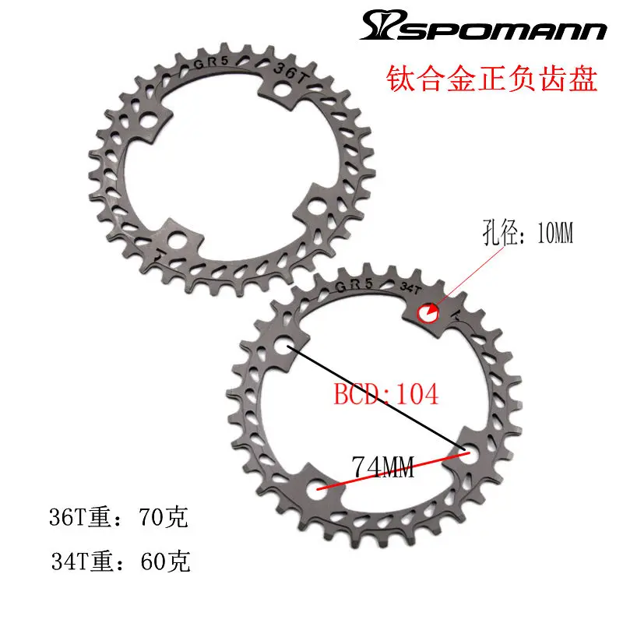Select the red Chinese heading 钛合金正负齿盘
[x=492, y=80]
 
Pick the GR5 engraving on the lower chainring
[x=354, y=287]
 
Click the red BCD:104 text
[x=386, y=393]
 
